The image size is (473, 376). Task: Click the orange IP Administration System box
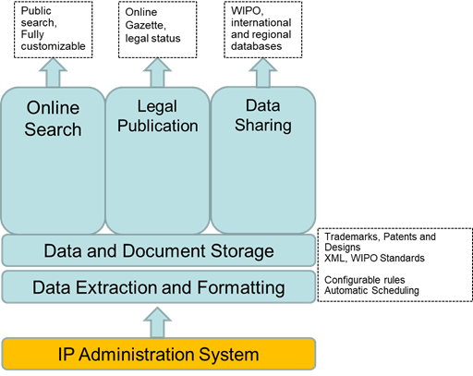159,354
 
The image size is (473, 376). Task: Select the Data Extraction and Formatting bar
159,287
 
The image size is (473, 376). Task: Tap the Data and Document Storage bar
159,250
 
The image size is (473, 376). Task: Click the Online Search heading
53,118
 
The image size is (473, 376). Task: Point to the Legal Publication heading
158,116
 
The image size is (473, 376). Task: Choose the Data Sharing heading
263,115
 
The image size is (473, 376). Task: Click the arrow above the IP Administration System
157,322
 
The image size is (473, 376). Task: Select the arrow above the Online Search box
53,73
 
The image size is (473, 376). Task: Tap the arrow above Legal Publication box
157,73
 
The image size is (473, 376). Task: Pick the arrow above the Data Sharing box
263,73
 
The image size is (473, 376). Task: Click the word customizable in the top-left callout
53,46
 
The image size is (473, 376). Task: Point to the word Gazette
145,25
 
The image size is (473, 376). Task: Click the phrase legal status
152,38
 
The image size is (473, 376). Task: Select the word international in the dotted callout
261,22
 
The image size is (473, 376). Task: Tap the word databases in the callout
256,46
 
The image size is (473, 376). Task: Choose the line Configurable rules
365,280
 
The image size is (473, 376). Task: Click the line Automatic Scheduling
371,290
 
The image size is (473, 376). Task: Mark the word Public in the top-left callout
36,11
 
